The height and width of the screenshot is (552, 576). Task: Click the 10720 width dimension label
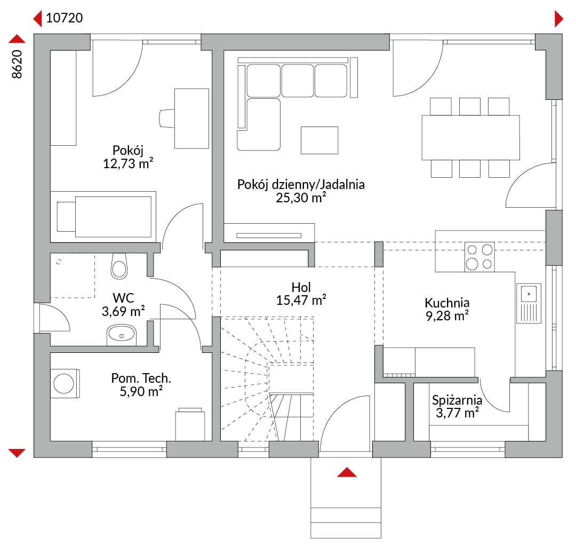click(x=65, y=18)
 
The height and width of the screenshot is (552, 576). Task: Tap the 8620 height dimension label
click(x=17, y=64)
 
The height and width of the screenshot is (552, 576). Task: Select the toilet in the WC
click(x=119, y=266)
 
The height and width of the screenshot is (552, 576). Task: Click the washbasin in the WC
click(x=121, y=335)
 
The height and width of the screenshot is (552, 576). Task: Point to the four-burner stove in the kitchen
click(x=479, y=257)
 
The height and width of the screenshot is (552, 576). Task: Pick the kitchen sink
click(x=529, y=303)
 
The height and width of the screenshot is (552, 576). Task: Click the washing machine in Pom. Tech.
click(x=65, y=383)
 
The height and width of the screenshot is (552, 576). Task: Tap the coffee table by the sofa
click(x=319, y=140)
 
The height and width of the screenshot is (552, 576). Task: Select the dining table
click(x=470, y=138)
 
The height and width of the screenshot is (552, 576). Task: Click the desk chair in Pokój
click(x=167, y=118)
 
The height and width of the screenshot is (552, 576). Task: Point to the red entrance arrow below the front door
click(x=347, y=472)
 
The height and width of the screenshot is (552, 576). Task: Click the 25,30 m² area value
click(x=301, y=198)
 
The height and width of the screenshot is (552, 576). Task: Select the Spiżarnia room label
click(x=457, y=400)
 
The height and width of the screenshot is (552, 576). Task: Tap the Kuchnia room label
click(x=447, y=303)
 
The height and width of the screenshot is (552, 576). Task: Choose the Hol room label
click(x=301, y=287)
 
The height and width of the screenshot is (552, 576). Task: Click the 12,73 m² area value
click(x=128, y=164)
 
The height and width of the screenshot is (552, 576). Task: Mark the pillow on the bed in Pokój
click(x=66, y=217)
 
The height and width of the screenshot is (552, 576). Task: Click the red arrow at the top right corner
click(x=559, y=19)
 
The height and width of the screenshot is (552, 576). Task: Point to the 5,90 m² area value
click(x=141, y=391)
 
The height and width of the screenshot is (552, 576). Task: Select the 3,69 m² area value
click(x=123, y=311)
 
